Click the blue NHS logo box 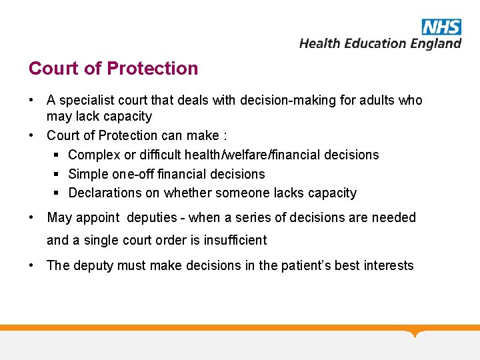441,27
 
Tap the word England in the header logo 435,43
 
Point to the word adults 379,101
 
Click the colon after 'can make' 225,136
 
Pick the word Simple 89,175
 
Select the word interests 389,266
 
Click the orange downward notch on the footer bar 416,333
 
